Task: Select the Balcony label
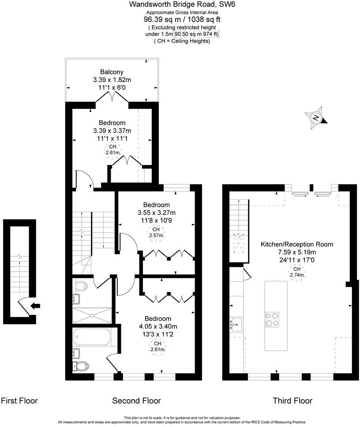click(112, 72)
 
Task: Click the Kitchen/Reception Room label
click(296, 244)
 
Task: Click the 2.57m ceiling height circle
click(156, 232)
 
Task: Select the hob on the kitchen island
click(272, 318)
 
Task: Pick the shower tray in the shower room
click(92, 315)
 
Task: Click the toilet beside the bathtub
click(80, 366)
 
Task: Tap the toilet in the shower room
click(81, 286)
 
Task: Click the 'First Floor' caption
click(19, 401)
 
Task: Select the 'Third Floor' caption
click(292, 401)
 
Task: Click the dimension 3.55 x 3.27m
click(156, 213)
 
